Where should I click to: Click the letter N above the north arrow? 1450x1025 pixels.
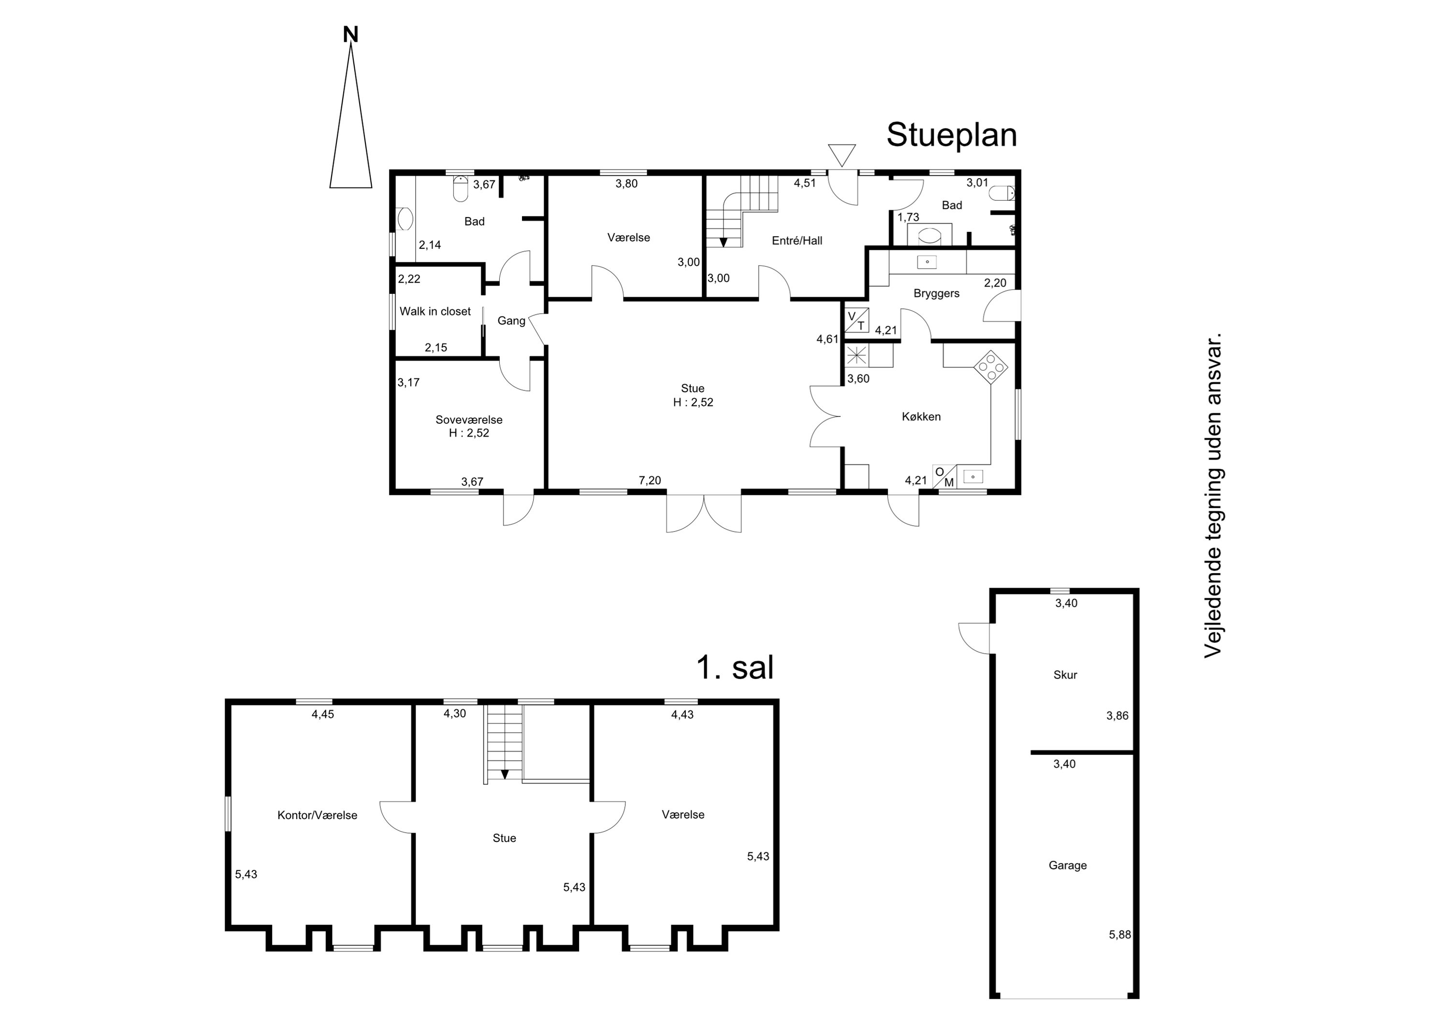350,35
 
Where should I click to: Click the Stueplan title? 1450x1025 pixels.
951,134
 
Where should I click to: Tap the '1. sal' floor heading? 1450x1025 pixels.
735,667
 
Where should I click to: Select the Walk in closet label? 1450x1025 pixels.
435,311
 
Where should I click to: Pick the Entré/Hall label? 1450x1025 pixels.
797,241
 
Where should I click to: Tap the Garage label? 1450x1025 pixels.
1068,865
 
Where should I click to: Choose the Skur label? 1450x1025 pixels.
1065,675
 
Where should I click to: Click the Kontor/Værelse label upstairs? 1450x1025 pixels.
317,815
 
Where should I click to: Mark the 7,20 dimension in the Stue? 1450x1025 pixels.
650,481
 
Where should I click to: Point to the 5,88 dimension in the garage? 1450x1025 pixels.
1120,935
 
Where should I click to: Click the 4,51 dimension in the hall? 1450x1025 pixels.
805,183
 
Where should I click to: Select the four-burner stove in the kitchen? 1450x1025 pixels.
991,367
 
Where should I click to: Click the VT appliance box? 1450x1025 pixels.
856,320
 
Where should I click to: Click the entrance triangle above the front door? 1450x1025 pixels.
842,155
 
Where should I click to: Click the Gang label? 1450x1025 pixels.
511,321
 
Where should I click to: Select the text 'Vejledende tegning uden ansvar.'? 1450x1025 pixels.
1213,495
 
